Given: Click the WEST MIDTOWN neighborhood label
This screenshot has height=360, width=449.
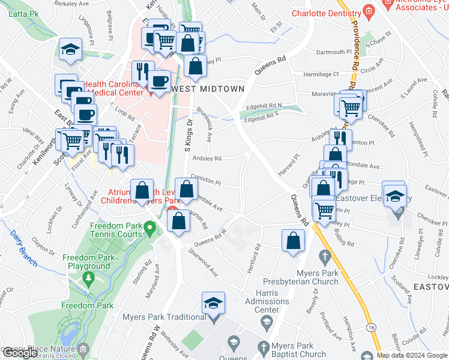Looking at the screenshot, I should click(x=209, y=89).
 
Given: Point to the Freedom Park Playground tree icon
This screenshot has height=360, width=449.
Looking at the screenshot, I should click(x=89, y=278).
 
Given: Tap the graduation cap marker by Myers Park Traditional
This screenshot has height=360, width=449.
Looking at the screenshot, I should click(x=213, y=304).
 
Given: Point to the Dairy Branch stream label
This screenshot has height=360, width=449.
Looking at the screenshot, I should click(x=23, y=248).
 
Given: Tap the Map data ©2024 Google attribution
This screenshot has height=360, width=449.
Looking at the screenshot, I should click(x=412, y=355).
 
